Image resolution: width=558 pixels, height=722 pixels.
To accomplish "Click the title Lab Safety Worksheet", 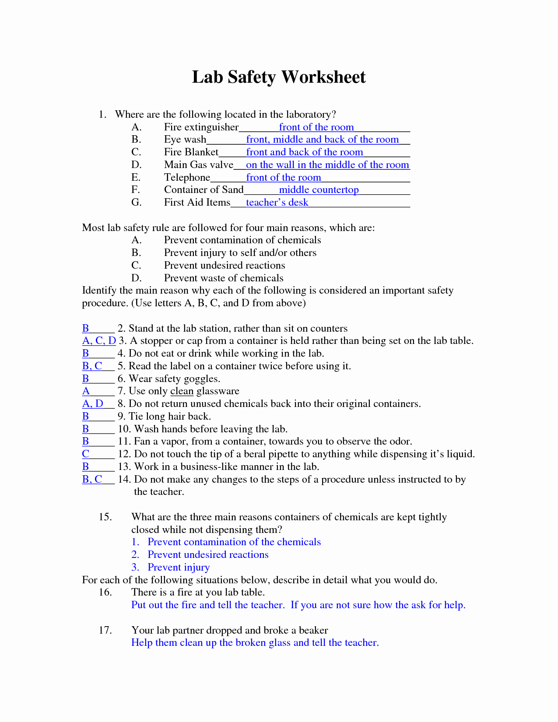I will coord(279,77).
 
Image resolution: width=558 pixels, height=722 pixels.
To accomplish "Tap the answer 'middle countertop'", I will coord(319,190).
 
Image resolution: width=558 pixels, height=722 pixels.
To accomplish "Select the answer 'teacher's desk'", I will coord(277,203).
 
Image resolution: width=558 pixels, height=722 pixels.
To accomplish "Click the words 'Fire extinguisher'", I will coord(201,127).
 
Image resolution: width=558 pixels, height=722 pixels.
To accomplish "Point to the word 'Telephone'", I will coord(187,178).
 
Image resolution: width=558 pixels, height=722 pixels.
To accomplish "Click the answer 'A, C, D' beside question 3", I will coord(99,341).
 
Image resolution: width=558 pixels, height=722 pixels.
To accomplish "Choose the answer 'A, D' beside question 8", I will coord(93,404).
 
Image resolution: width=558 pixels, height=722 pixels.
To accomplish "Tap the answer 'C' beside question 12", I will coord(86,454).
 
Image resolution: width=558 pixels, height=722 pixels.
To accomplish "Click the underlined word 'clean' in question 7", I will coord(182,391).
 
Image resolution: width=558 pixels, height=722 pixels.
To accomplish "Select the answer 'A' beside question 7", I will coord(86,391).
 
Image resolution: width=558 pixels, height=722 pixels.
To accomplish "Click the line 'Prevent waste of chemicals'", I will coord(224,278).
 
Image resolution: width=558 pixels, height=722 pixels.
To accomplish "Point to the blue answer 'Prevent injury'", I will coord(179,568).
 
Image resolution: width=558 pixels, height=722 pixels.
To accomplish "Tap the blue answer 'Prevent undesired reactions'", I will coord(208,555).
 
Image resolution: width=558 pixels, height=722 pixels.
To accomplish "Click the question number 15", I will coord(105,517).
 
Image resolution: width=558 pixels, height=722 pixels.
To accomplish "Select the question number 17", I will coord(105,631).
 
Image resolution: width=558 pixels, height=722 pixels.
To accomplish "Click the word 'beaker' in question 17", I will coord(313,631).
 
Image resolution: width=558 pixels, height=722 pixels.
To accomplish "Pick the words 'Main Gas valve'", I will coord(199,165).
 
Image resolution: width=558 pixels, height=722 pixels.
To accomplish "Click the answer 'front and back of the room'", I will coord(305,152).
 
